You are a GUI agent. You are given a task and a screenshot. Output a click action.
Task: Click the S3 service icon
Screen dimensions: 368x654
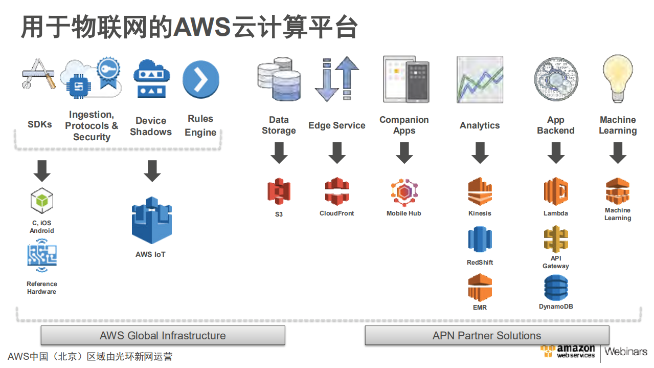(279, 191)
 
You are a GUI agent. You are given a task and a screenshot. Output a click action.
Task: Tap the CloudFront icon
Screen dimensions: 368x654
(337, 191)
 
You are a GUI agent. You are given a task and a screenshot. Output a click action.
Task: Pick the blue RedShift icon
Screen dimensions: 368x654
(480, 240)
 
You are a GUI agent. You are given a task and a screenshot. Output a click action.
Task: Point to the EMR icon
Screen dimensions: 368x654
(480, 287)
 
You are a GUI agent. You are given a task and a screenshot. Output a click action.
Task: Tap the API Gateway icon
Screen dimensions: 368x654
(556, 239)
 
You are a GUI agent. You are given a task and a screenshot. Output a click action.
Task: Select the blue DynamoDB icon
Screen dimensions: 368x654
(556, 288)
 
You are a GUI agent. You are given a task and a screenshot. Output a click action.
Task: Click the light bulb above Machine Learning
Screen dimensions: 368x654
(618, 79)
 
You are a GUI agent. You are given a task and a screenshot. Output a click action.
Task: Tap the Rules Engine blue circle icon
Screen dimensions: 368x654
(200, 80)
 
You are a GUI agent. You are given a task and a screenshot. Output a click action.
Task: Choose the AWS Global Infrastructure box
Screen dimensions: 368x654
(163, 336)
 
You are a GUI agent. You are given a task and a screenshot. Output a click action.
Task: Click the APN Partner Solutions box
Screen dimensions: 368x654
(487, 336)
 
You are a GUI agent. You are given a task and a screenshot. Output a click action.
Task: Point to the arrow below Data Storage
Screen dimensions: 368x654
(279, 153)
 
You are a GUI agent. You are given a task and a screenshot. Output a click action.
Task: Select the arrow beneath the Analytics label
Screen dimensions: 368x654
(480, 153)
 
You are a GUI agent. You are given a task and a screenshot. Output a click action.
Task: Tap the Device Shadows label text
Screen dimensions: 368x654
(151, 126)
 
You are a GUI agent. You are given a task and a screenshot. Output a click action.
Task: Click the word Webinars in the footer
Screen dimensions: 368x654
(625, 352)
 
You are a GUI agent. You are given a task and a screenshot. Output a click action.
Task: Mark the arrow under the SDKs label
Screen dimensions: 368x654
(42, 171)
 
